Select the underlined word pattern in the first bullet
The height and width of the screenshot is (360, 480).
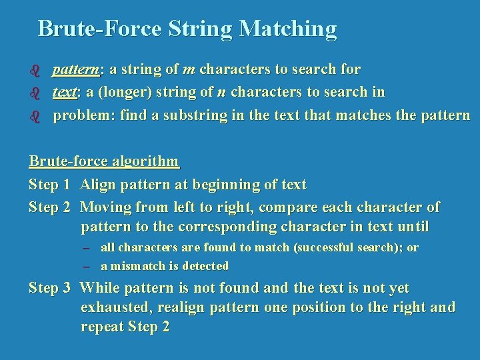coord(76,69)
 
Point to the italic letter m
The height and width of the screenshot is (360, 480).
coord(189,69)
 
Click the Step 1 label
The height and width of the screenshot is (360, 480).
coord(49,184)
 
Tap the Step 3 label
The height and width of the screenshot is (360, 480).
coord(49,288)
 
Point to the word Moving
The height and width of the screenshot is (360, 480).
coord(106,207)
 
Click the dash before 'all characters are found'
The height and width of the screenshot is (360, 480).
coord(86,248)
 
